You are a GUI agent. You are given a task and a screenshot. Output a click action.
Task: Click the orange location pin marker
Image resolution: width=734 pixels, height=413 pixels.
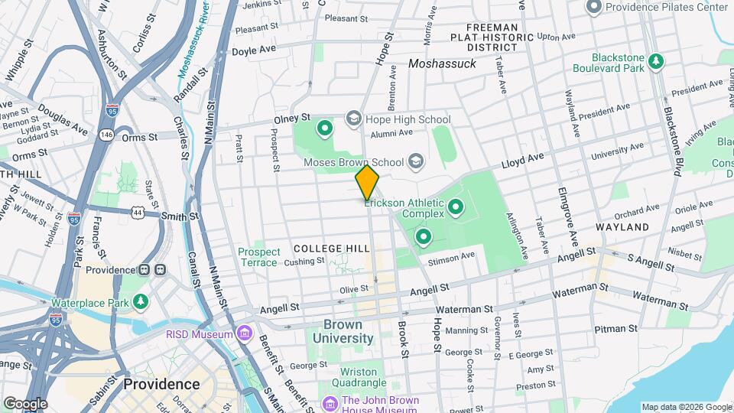click(368, 182)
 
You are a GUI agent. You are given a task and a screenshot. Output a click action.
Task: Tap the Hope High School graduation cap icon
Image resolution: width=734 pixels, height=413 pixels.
click(353, 119)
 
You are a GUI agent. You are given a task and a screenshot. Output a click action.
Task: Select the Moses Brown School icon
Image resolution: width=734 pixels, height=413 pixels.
click(415, 161)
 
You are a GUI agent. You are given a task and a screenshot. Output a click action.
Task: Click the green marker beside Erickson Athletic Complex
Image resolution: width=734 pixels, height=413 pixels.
click(456, 206)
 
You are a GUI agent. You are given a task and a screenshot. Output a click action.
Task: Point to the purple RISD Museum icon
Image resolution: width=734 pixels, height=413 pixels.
click(245, 333)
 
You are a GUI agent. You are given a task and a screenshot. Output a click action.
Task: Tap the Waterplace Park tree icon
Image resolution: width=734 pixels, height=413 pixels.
click(140, 301)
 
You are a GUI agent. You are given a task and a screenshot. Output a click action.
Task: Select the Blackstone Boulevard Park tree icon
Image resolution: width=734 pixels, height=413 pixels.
click(655, 60)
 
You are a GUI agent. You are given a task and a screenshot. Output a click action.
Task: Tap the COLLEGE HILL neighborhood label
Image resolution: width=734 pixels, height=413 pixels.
click(332, 249)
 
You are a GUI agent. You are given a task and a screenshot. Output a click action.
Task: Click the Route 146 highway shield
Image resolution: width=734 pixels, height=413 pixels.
click(106, 135)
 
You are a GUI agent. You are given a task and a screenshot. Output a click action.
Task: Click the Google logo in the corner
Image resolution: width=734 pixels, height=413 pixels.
click(24, 403)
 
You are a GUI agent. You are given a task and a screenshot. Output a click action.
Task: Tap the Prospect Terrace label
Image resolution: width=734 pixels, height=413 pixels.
click(258, 257)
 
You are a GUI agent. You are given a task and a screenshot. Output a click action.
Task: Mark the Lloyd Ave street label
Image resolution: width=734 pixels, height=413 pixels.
click(522, 160)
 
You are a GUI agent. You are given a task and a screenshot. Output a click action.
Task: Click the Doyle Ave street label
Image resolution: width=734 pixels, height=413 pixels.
click(254, 51)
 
